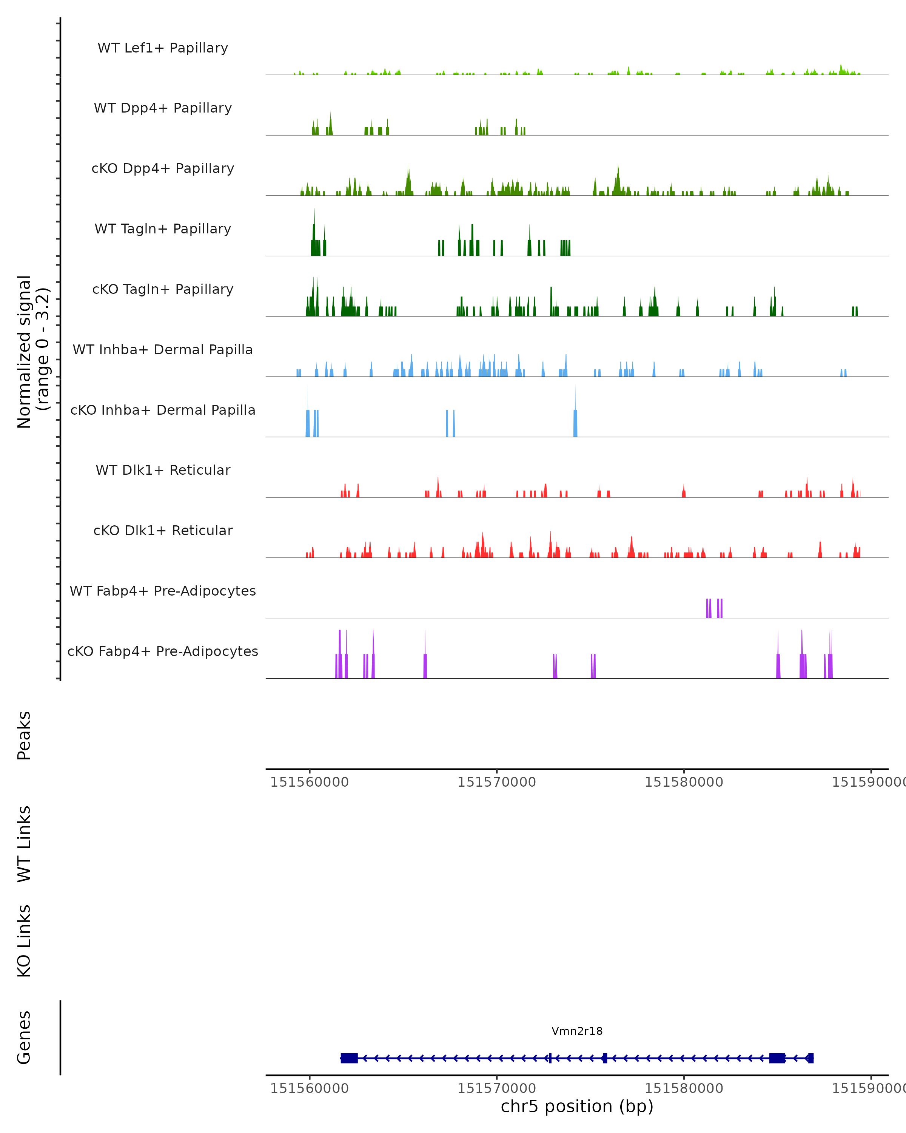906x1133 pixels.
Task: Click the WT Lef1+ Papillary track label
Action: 163,48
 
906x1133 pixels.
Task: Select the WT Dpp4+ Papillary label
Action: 163,108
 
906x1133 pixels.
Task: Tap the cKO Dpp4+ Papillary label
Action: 163,169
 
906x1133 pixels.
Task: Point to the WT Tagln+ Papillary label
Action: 163,229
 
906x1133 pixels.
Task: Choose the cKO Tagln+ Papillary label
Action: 163,290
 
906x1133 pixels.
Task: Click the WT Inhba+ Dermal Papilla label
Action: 163,350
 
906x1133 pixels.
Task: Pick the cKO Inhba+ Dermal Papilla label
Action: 163,411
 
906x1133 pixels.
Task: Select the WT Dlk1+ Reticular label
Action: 163,470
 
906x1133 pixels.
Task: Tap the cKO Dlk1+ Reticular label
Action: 163,531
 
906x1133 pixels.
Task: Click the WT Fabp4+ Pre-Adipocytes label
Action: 163,591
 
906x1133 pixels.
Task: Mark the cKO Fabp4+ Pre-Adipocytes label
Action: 163,651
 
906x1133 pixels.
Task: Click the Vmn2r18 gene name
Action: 577,1031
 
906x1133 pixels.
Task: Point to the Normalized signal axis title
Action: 32,352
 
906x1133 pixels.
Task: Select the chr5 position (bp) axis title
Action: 577,1107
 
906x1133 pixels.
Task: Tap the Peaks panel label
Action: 24,735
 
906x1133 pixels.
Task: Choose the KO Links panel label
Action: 24,941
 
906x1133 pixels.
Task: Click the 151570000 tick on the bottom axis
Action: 496,1088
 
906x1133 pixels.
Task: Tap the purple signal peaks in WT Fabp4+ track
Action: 714,608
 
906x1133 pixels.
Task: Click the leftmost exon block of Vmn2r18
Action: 349,1058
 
